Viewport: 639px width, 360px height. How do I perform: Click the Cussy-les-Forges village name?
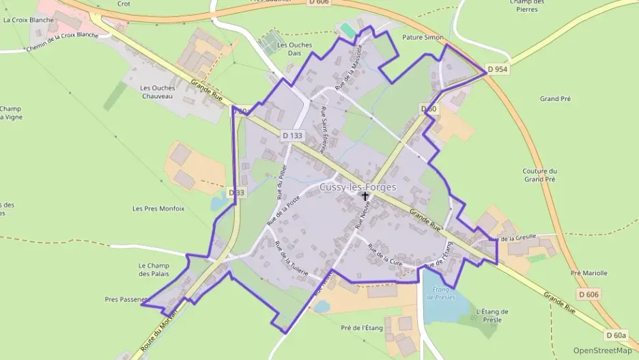pos(358,186)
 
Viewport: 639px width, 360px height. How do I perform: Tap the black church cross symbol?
pos(365,197)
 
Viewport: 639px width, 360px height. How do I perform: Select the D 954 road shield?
pos(498,70)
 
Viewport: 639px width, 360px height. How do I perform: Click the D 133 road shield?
pos(292,136)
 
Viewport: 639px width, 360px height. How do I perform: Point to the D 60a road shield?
pos(616,335)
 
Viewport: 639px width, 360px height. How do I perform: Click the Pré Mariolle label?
pos(588,273)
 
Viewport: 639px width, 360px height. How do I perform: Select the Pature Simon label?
pos(423,38)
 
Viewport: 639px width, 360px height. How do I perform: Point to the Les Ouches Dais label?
pos(295,49)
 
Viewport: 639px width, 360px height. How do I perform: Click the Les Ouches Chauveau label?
pos(158,92)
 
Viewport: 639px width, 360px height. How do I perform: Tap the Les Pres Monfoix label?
pos(158,208)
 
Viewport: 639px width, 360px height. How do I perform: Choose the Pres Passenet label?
pos(126,299)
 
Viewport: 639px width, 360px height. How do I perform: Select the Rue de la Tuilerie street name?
pos(291,258)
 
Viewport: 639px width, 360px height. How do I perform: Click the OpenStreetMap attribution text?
pos(602,350)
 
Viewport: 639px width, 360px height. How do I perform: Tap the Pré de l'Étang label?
pos(362,328)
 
